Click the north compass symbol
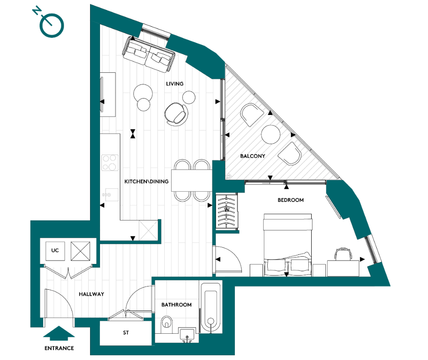(x=51, y=25)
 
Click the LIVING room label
(x=175, y=84)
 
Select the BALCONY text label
(x=252, y=156)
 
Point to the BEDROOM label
(x=291, y=200)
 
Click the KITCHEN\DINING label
(x=146, y=182)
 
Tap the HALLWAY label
(x=91, y=295)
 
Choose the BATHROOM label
(x=176, y=305)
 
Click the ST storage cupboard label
(x=125, y=333)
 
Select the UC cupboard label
(x=55, y=250)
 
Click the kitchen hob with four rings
(x=110, y=162)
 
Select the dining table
(x=191, y=180)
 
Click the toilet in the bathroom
(x=166, y=325)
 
